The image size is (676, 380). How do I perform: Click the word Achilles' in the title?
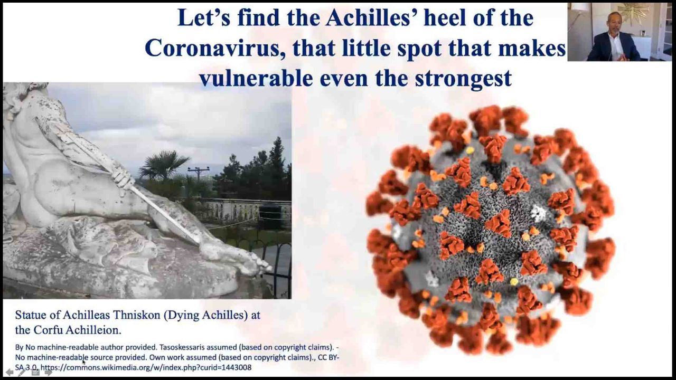click(x=371, y=18)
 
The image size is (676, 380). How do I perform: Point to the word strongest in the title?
click(x=463, y=79)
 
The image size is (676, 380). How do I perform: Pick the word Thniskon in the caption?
click(x=136, y=315)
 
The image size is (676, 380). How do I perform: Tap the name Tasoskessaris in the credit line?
click(x=184, y=347)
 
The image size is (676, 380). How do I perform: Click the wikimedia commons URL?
click(x=146, y=368)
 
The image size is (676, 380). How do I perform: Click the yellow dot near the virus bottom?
click(x=514, y=282)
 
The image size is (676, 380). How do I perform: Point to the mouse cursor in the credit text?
click(x=84, y=362)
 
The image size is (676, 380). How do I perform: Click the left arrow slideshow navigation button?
click(x=10, y=373)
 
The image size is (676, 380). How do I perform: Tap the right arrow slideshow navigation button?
click(x=48, y=373)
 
